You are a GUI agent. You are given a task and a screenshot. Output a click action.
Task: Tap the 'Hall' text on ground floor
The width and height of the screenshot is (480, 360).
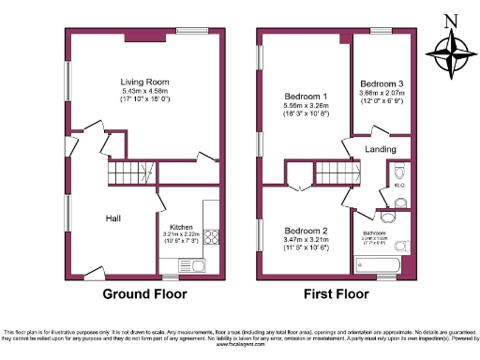point(112,218)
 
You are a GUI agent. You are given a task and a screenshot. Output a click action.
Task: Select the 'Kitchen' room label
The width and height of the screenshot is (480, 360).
point(182,227)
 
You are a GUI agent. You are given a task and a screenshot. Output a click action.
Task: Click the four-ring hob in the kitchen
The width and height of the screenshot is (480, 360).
point(211,237)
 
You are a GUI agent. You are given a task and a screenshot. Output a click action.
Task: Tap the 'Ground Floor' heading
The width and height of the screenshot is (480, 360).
point(144,293)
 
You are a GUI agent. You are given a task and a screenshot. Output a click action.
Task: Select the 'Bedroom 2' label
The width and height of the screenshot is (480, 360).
point(306,231)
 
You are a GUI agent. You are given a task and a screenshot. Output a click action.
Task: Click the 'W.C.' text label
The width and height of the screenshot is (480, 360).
point(398,186)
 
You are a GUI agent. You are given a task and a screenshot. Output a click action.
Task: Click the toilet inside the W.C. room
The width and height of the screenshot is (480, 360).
point(401,172)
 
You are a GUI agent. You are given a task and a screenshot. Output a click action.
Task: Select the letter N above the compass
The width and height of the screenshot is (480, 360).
point(451,22)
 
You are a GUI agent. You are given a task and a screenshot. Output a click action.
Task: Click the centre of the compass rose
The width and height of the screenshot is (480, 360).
point(451,53)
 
